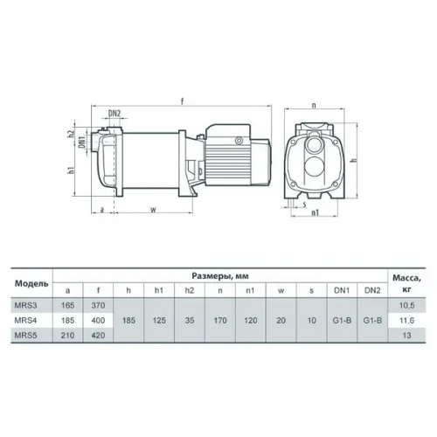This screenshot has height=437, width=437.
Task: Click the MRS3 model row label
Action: coord(25,305)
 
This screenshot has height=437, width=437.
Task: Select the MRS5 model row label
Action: coord(25,336)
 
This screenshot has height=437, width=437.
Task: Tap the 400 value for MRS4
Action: coord(98,321)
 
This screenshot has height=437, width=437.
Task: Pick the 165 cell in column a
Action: coord(68,305)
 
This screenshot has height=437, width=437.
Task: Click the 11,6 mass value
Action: coord(406,321)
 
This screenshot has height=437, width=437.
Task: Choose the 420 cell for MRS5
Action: coord(98,336)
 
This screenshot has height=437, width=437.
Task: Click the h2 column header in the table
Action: coord(190,290)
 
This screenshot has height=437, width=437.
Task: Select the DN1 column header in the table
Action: coord(342,290)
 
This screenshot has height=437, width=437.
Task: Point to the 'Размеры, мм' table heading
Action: coord(220,276)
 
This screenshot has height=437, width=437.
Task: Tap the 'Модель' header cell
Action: coord(31,283)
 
